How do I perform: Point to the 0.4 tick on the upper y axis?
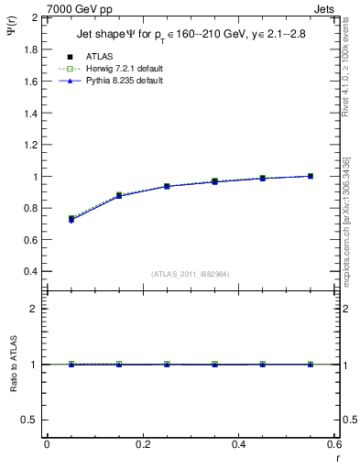[30, 272]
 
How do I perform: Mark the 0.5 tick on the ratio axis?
[30, 420]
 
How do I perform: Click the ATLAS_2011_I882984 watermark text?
[191, 273]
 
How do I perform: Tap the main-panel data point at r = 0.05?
[71, 219]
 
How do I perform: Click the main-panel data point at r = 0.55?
[311, 176]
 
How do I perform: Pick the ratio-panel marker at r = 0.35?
[214, 365]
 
